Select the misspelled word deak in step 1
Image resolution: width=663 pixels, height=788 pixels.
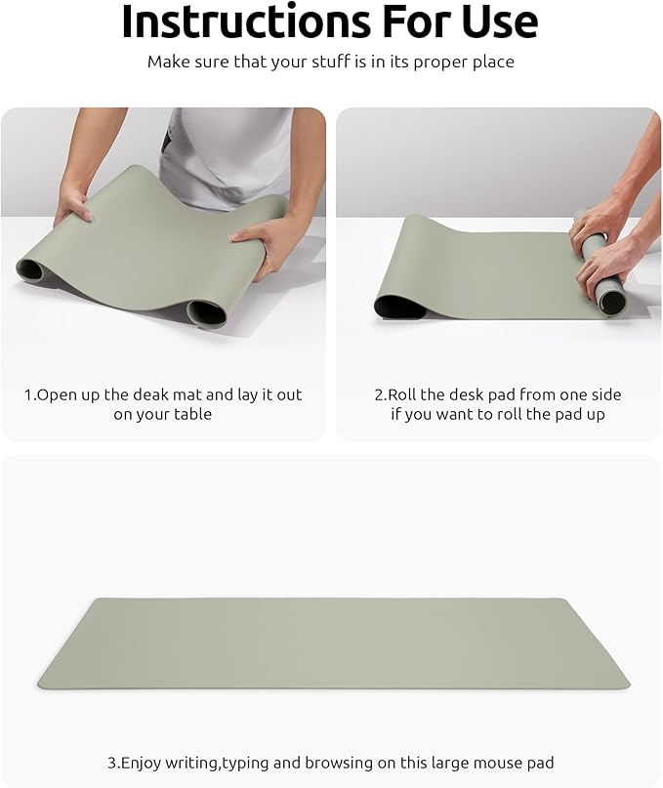(159, 394)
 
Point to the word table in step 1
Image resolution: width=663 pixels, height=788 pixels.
(192, 414)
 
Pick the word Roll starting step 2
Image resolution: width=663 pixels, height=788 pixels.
(405, 394)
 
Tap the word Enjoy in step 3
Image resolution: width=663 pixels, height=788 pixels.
(143, 763)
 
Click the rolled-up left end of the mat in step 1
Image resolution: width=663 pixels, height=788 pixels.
(30, 268)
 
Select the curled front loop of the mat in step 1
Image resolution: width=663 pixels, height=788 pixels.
(206, 313)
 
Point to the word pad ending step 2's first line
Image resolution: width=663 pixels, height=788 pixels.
(606, 394)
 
